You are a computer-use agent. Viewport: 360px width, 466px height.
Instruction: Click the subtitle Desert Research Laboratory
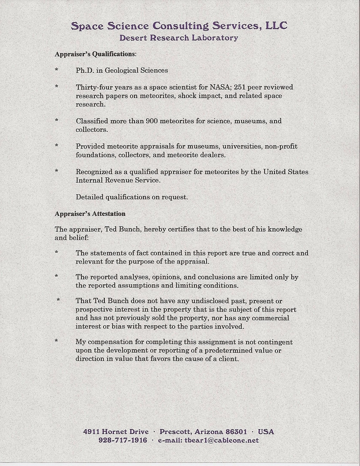(x=179, y=38)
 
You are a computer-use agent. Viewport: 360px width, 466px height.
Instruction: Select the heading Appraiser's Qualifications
(x=95, y=54)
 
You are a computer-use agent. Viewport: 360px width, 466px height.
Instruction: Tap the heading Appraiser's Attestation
(x=90, y=213)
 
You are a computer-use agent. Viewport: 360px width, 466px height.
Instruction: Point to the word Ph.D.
(x=85, y=70)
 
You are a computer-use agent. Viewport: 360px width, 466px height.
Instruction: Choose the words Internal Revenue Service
(x=118, y=180)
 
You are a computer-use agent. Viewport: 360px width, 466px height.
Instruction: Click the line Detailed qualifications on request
(x=132, y=197)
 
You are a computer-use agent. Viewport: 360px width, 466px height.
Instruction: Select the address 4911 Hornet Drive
(x=116, y=431)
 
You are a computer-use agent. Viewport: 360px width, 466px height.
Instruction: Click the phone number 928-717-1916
(x=122, y=440)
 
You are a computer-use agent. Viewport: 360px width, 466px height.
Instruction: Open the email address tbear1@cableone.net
(x=221, y=440)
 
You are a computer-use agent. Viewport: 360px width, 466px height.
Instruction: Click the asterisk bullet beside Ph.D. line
(x=57, y=70)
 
